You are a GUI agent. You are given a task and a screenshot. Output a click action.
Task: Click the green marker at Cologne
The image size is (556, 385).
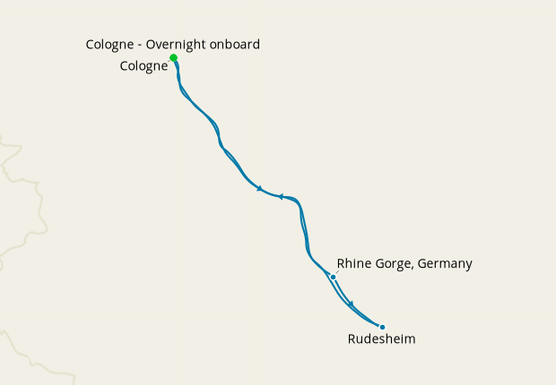coord(173,58)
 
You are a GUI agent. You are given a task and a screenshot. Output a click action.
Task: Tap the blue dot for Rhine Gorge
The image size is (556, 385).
coord(333,277)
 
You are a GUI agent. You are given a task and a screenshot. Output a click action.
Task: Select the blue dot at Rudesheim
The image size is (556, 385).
coord(382,328)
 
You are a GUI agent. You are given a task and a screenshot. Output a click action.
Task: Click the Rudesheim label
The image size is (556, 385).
coord(381,339)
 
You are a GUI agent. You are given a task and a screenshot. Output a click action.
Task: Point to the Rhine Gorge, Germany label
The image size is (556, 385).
coord(404,263)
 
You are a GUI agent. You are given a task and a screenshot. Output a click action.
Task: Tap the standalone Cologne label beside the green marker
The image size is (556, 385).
coord(143,66)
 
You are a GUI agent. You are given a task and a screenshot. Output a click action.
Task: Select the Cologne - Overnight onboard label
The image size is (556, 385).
coord(173,44)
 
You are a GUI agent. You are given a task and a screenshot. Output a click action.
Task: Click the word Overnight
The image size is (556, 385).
coord(176,44)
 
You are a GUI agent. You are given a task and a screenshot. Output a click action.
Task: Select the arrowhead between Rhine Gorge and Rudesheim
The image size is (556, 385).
coord(352,304)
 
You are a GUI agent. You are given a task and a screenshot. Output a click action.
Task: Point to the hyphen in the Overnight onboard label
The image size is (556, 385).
coord(141,45)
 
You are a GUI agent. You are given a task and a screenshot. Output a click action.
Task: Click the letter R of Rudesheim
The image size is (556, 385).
coord(352,339)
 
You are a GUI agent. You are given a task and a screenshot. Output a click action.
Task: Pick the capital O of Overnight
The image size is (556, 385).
coord(152,44)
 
